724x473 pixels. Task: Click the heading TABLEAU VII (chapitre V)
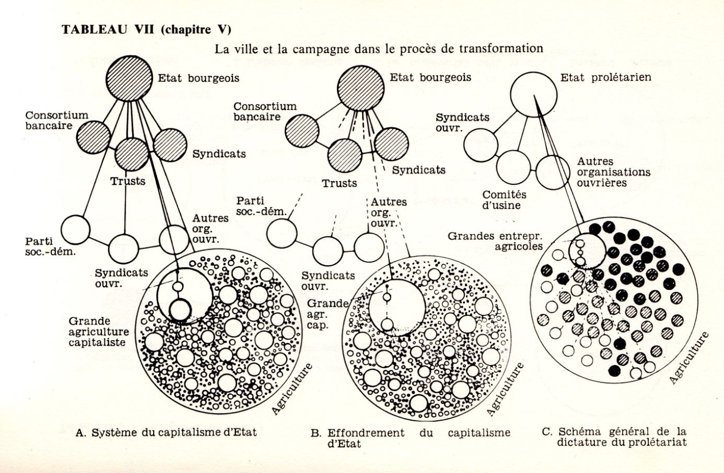[146, 29]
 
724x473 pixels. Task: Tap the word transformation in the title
[501, 49]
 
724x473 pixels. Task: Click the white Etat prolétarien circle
[533, 94]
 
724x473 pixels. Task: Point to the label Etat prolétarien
[606, 78]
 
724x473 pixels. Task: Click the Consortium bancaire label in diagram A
[56, 120]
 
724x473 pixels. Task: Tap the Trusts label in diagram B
[340, 183]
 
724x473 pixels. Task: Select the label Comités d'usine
[504, 200]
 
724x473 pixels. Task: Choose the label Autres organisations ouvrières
[613, 172]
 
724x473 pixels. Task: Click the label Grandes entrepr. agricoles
[495, 241]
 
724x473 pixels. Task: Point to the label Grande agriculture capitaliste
[98, 332]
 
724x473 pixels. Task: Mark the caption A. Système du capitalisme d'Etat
[166, 433]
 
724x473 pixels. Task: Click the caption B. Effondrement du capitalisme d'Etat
[410, 437]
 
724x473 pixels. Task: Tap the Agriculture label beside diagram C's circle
[689, 358]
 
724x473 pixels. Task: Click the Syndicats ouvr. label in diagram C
[462, 123]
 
